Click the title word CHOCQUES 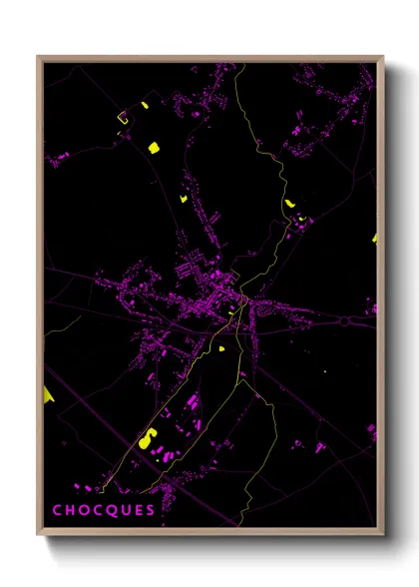point(104,510)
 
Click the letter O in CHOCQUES point(83,510)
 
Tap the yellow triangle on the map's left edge point(48,396)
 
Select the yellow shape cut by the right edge point(375,238)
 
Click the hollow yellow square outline point(124,119)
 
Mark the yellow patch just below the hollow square point(154,148)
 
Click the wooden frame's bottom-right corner point(382,534)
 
